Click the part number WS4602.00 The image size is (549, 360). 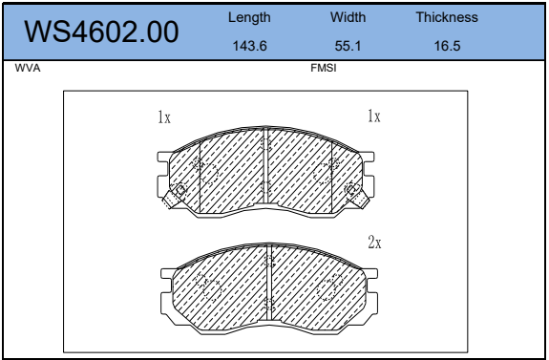(101, 32)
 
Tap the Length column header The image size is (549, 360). (249, 17)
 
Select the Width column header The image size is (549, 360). (348, 17)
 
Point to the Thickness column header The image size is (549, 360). (447, 17)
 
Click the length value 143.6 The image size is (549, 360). (249, 46)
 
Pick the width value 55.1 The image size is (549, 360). (348, 46)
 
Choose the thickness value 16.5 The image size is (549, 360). (447, 46)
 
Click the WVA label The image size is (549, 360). (28, 68)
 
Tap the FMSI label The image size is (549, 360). (323, 68)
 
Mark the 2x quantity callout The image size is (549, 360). (374, 242)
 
